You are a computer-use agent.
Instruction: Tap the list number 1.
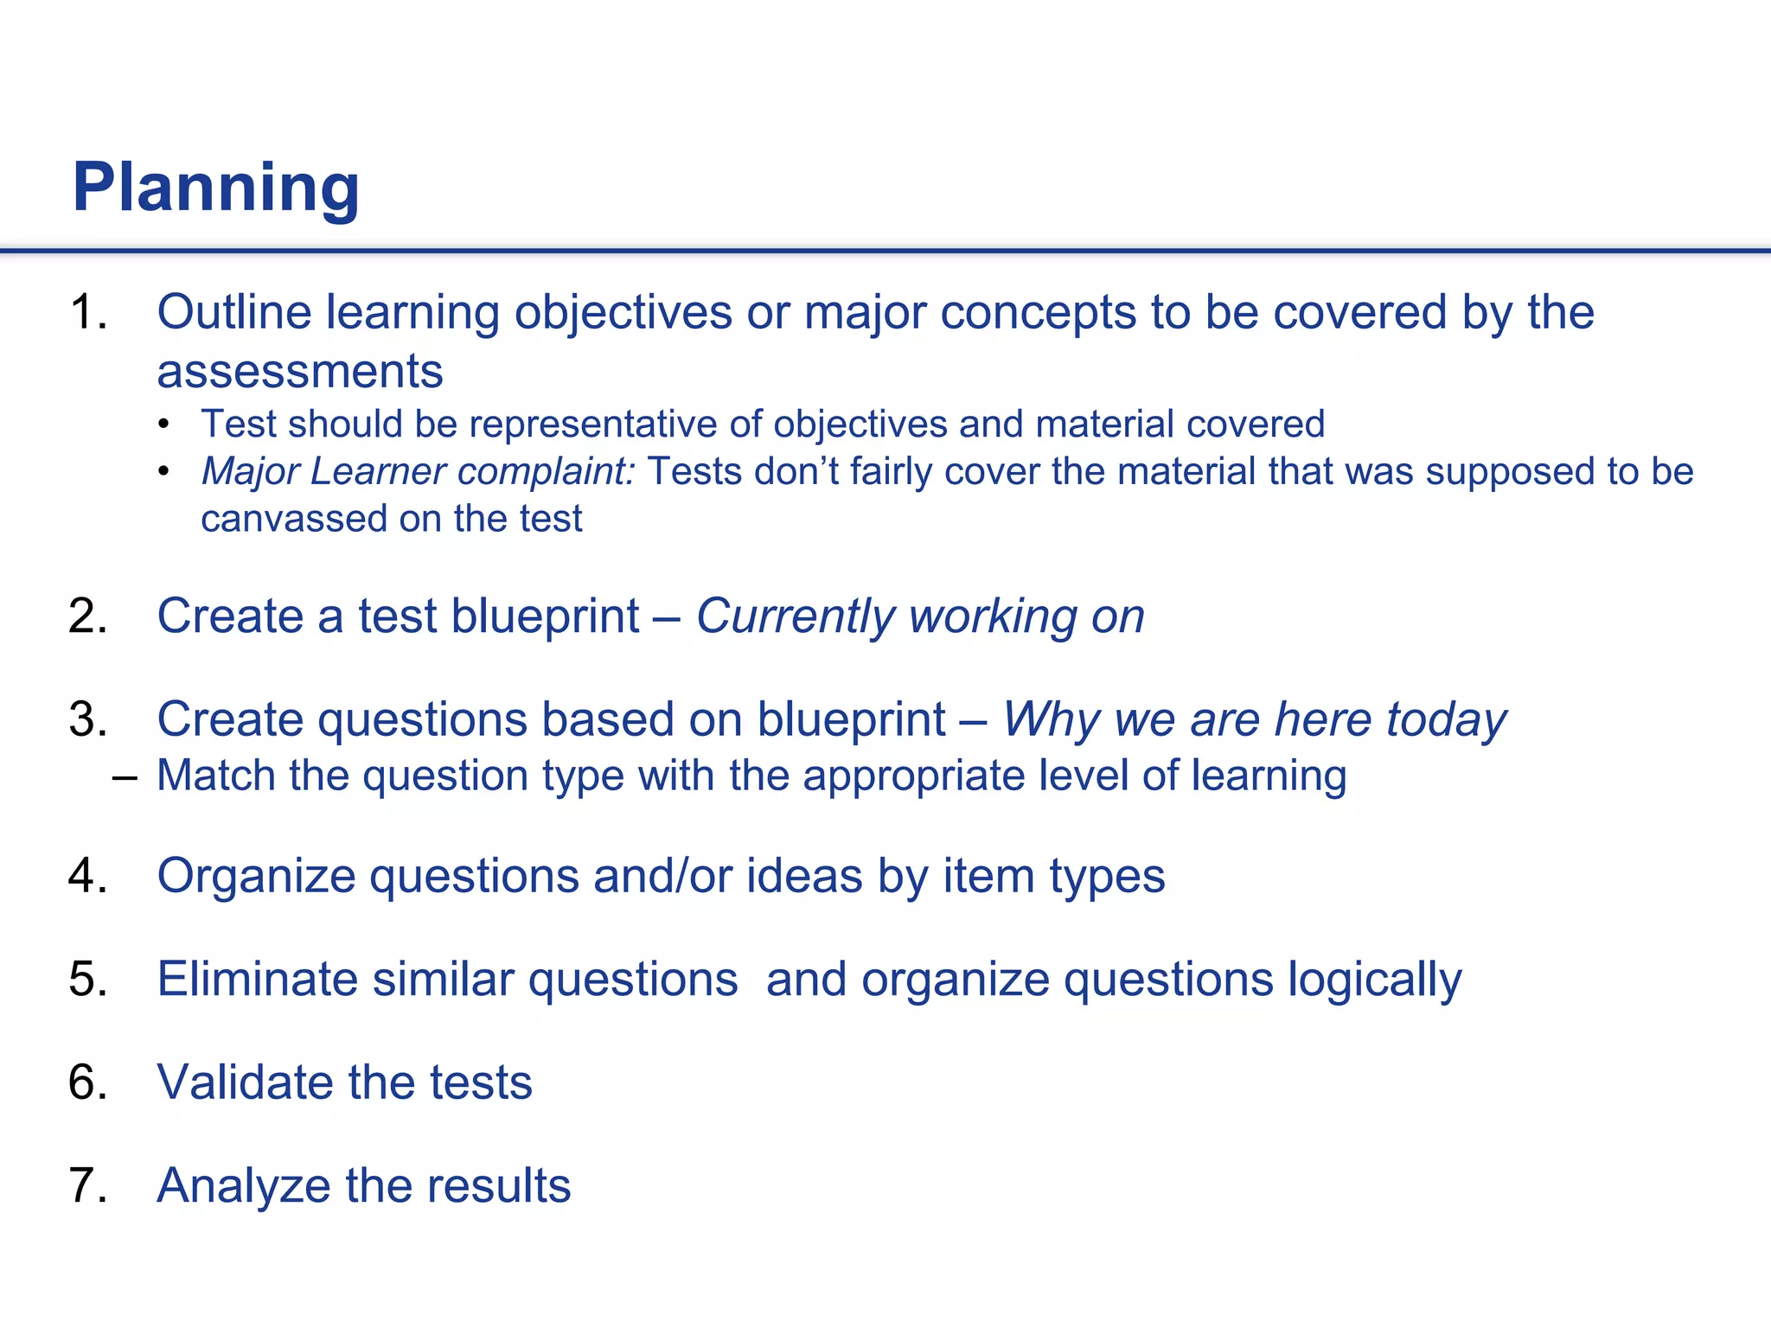87,312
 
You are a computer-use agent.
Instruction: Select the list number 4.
87,876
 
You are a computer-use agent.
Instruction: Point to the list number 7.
87,1185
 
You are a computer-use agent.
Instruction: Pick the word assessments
299,372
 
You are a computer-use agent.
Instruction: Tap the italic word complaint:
546,472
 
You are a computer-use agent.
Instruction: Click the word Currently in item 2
796,617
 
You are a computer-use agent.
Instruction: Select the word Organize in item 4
256,877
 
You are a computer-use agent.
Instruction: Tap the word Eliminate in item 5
257,980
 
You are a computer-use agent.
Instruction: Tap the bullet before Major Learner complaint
164,472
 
